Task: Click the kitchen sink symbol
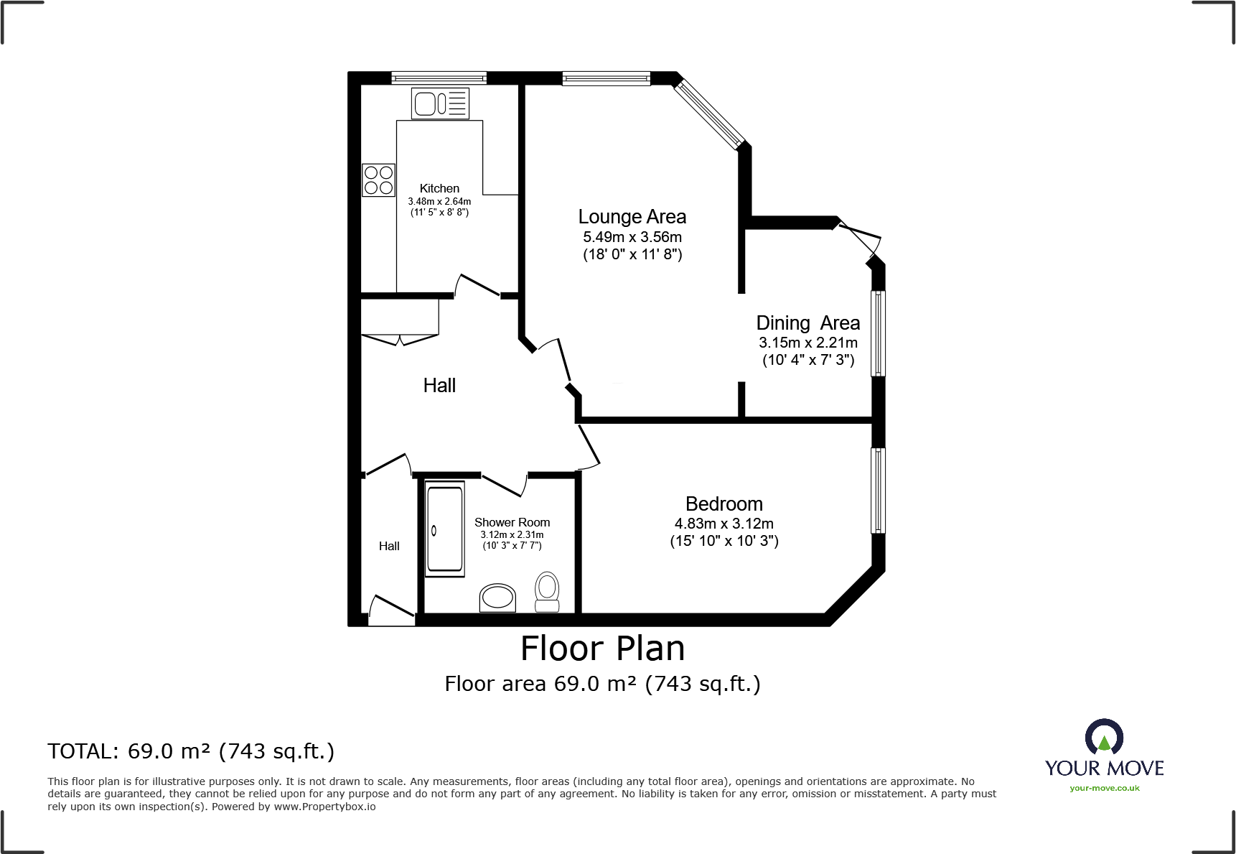[440, 103]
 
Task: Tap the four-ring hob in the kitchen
[378, 180]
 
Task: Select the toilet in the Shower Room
[548, 592]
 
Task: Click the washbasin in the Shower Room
[497, 598]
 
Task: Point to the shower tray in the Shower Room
[445, 530]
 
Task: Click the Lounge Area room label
[632, 217]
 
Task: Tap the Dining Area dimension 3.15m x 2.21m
[807, 343]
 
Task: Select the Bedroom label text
[724, 504]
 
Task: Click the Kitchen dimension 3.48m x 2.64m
[439, 202]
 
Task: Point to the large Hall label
[439, 386]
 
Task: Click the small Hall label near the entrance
[389, 547]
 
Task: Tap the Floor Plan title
[602, 649]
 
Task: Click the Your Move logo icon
[1104, 738]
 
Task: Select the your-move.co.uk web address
[1104, 788]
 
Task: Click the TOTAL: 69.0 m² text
[191, 751]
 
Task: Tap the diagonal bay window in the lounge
[710, 113]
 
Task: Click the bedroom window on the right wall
[878, 491]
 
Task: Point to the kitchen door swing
[477, 286]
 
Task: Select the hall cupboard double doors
[399, 338]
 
